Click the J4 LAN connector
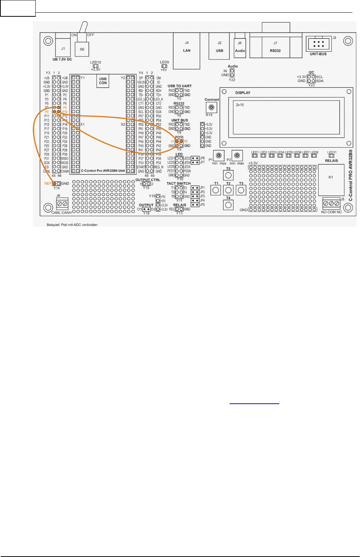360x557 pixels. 187,50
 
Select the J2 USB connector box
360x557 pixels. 220,47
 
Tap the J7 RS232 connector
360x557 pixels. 275,47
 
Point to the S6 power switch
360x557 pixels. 82,49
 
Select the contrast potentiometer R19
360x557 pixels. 211,108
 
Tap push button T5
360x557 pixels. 228,175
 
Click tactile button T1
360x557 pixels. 216,190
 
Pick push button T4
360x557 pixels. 228,205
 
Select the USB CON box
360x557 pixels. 103,81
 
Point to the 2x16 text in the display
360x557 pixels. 240,105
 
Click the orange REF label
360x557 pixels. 48,183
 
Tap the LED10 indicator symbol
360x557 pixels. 96,66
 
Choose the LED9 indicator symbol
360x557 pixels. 164,66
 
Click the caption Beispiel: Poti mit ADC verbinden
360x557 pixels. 72,225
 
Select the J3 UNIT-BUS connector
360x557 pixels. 318,44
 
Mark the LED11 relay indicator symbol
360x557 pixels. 331,156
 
